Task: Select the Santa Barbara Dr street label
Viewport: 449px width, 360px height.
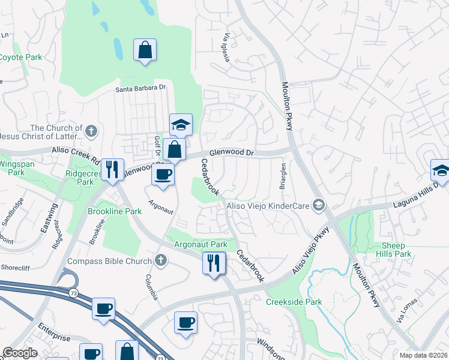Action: [x=140, y=88]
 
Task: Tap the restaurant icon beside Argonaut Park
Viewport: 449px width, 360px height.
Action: [x=214, y=262]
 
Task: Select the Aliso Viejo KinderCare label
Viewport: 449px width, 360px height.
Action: [x=268, y=206]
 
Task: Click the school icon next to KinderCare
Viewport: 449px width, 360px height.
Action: [x=319, y=206]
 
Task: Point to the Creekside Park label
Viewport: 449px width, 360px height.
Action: [x=294, y=302]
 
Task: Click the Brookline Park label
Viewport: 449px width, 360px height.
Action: [x=115, y=211]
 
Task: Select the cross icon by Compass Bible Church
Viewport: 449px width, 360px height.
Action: [x=160, y=260]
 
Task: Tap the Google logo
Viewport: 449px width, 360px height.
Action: [x=20, y=353]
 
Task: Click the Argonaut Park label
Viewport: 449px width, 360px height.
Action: [x=200, y=244]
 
